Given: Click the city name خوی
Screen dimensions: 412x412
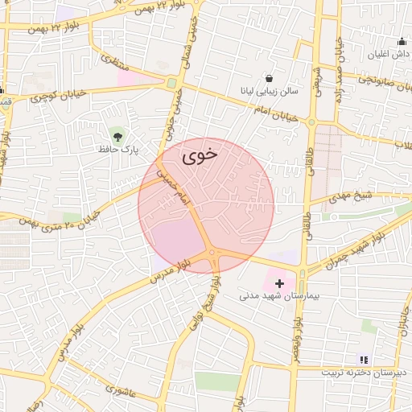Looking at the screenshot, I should click(200, 157).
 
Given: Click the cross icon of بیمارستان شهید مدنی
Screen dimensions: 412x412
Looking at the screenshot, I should click(280, 283).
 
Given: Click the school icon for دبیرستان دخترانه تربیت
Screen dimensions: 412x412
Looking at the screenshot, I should click(362, 360).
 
